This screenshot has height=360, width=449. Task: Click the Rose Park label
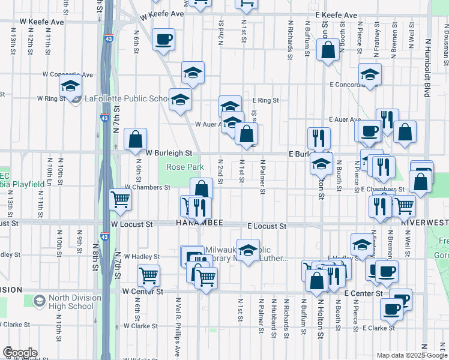point(185,167)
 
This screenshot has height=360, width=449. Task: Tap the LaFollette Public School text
point(127,99)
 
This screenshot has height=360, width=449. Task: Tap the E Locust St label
point(267,227)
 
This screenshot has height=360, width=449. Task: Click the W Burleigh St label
point(169,154)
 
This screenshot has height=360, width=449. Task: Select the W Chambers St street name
point(147,188)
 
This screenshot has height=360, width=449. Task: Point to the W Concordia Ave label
point(67,75)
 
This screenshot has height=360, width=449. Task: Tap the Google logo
point(20,353)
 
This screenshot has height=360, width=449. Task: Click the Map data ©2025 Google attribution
point(411,355)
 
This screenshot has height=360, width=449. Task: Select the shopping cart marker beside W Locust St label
point(121,200)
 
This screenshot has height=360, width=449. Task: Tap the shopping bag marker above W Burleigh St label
point(136,140)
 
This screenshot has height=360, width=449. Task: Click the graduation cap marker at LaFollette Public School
point(70,88)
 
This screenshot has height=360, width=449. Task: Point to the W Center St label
point(143,292)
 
